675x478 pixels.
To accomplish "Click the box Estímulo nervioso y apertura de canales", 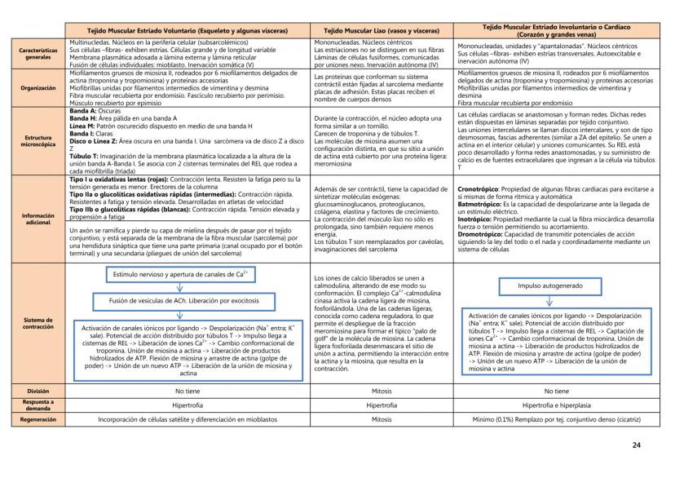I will tap(174, 277).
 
